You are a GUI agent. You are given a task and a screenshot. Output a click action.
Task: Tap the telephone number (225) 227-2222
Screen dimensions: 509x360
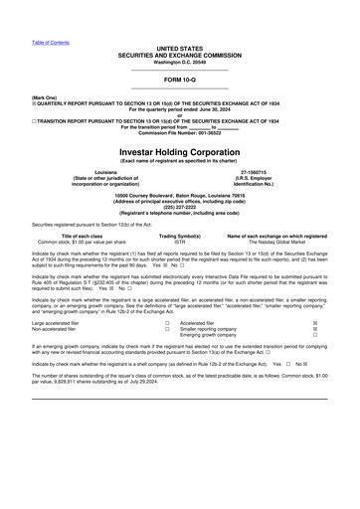coord(180,210)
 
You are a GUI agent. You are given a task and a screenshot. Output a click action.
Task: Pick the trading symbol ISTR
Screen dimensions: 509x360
coord(180,242)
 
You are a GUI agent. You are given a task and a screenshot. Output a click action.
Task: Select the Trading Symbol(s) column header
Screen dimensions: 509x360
coord(180,236)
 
